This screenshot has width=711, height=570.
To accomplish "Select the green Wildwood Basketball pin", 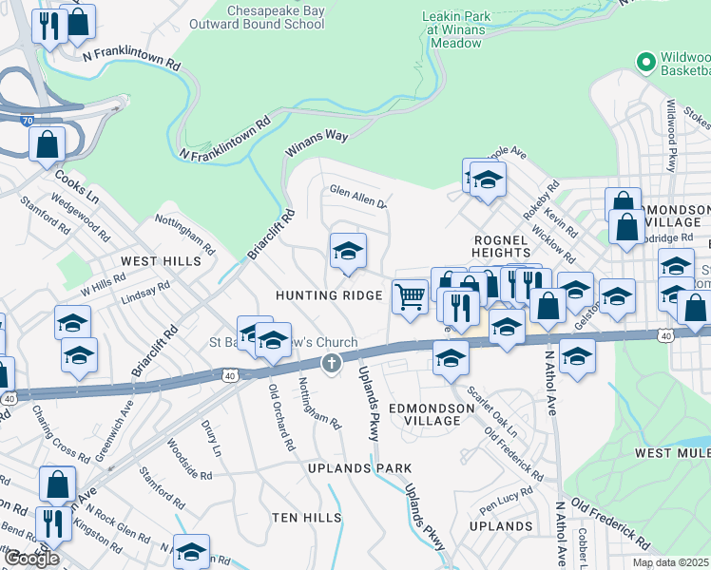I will coord(646,62).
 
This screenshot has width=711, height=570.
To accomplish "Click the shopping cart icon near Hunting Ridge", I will coord(409,296).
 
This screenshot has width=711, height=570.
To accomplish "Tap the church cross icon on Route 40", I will coord(331,361).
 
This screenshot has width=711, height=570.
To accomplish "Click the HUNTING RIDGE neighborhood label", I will coord(329,295).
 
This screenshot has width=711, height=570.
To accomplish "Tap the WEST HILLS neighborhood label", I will coord(153,259).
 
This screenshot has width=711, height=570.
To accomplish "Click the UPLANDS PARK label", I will coord(360,468).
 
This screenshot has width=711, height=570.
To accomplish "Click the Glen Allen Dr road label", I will coord(357,196).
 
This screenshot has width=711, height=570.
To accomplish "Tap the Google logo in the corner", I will coord(31,559).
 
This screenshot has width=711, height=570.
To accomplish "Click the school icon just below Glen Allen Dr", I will coord(348,253).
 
